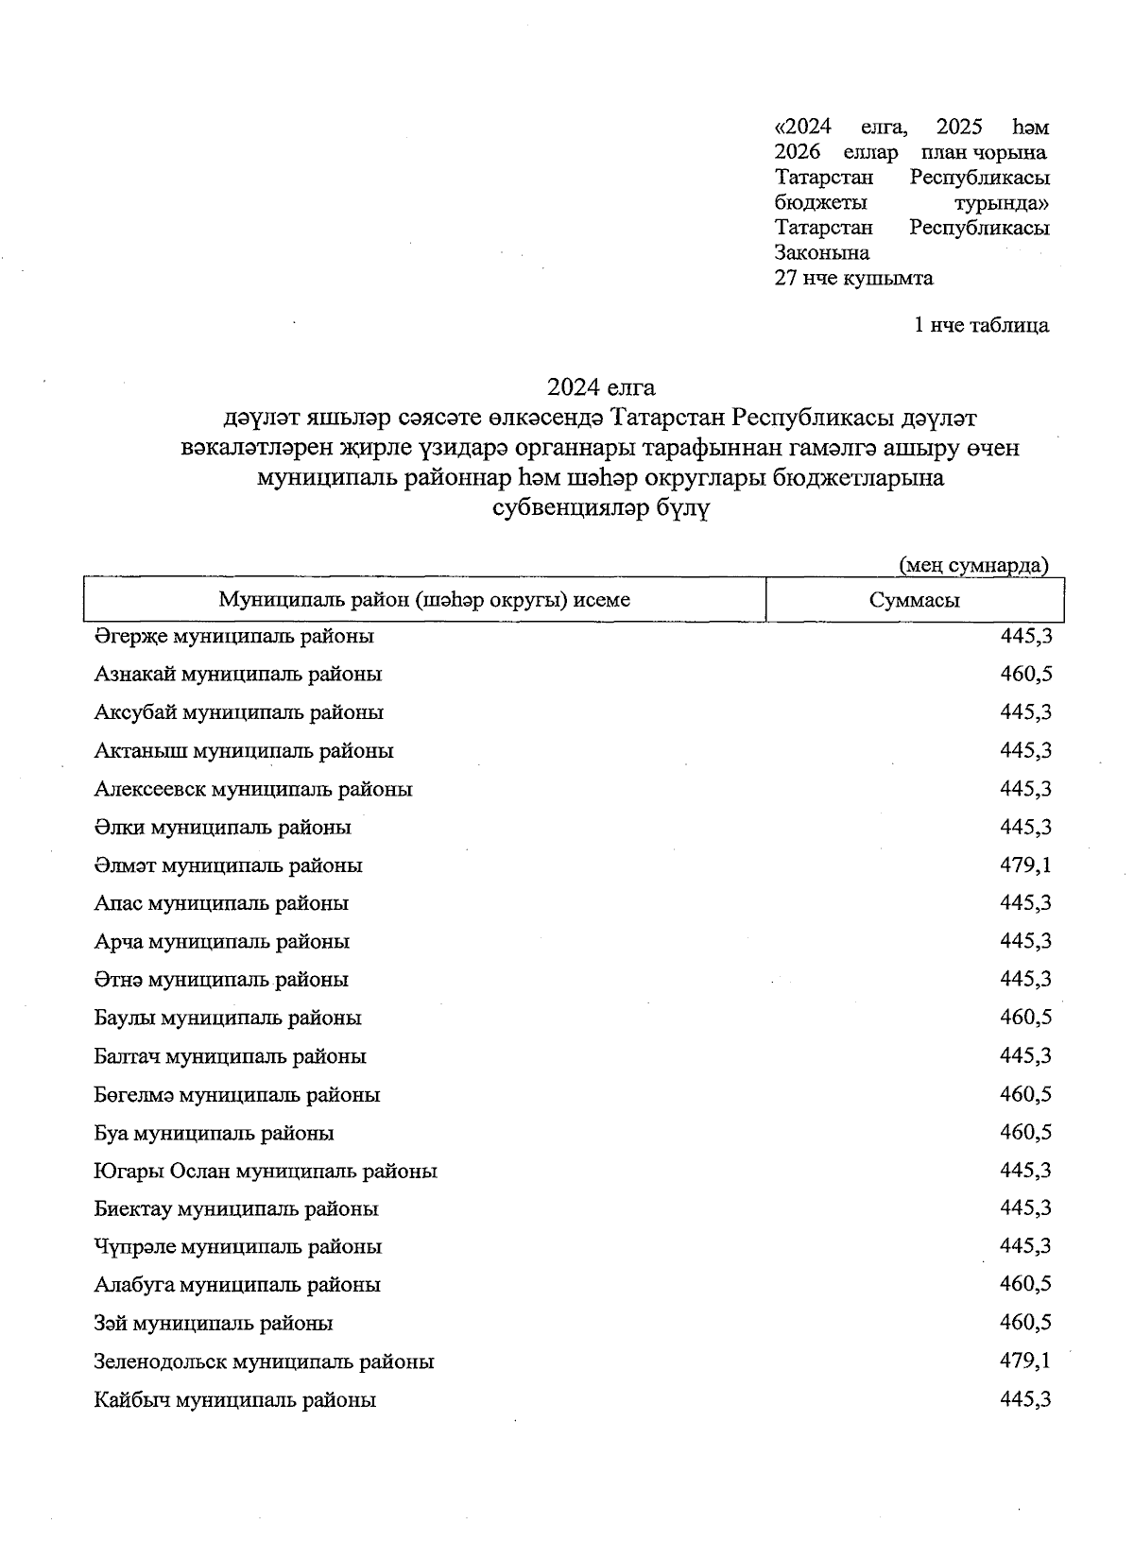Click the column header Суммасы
point(914,600)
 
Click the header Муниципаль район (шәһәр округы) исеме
point(424,600)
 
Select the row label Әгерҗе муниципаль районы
point(234,637)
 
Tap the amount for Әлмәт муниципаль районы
point(1025,865)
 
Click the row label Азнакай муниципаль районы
point(238,675)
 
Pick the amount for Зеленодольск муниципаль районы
point(1025,1361)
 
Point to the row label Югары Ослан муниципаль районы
point(266,1172)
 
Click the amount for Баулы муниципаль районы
point(1025,1018)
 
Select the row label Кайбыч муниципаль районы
point(235,1400)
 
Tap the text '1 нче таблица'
point(981,325)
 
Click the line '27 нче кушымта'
point(853,278)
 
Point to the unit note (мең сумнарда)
point(973,565)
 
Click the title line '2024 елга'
point(601,387)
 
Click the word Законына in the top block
point(821,252)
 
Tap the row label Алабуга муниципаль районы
point(237,1285)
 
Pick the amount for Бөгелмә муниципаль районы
point(1025,1094)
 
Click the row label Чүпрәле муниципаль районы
point(238,1247)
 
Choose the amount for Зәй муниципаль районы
point(1025,1323)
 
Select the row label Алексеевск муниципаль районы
point(253,789)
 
